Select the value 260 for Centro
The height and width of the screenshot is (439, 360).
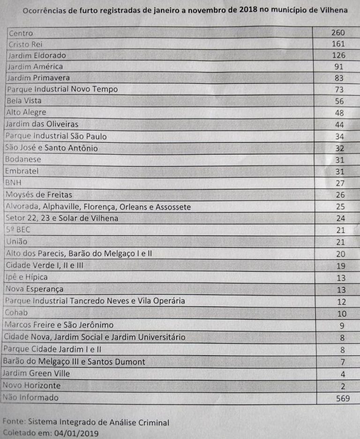[x=337, y=33]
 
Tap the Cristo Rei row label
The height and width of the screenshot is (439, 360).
[x=26, y=45]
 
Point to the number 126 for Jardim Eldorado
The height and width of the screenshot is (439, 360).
[x=337, y=55]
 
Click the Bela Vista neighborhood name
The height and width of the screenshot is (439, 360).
[x=24, y=101]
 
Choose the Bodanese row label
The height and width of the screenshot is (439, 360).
[x=23, y=159]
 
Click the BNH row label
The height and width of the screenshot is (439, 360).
[x=14, y=183]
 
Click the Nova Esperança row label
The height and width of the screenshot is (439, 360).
[x=34, y=289]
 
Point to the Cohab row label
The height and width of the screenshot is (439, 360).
[x=16, y=313]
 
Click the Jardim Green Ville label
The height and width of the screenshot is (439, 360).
[x=36, y=373]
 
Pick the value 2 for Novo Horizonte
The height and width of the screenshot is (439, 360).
[x=343, y=386]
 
